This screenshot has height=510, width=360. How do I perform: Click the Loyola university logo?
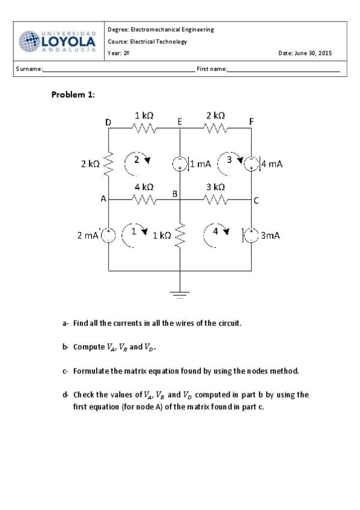(x=57, y=41)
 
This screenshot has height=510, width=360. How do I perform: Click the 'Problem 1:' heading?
(x=73, y=94)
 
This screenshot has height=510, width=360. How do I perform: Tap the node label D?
(x=108, y=122)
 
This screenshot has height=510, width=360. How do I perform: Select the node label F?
(x=251, y=121)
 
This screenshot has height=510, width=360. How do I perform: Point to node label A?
(x=103, y=198)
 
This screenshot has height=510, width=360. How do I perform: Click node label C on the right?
(x=256, y=201)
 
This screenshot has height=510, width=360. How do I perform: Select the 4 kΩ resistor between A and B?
(x=144, y=200)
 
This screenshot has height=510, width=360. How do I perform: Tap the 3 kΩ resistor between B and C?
(x=216, y=200)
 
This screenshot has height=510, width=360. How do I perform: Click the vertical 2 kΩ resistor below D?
(x=109, y=164)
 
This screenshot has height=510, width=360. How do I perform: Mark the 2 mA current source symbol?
(x=109, y=235)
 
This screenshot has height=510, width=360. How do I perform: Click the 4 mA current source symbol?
(x=251, y=164)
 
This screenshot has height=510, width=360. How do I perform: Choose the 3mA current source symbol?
(x=251, y=235)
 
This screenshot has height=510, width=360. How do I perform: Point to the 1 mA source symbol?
(x=180, y=164)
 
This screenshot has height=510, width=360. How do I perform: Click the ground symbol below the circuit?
(x=180, y=295)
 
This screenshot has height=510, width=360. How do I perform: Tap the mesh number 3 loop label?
(x=230, y=160)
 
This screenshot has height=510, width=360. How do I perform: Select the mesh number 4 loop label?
(x=215, y=232)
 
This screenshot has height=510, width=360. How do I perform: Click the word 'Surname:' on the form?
(x=29, y=69)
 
